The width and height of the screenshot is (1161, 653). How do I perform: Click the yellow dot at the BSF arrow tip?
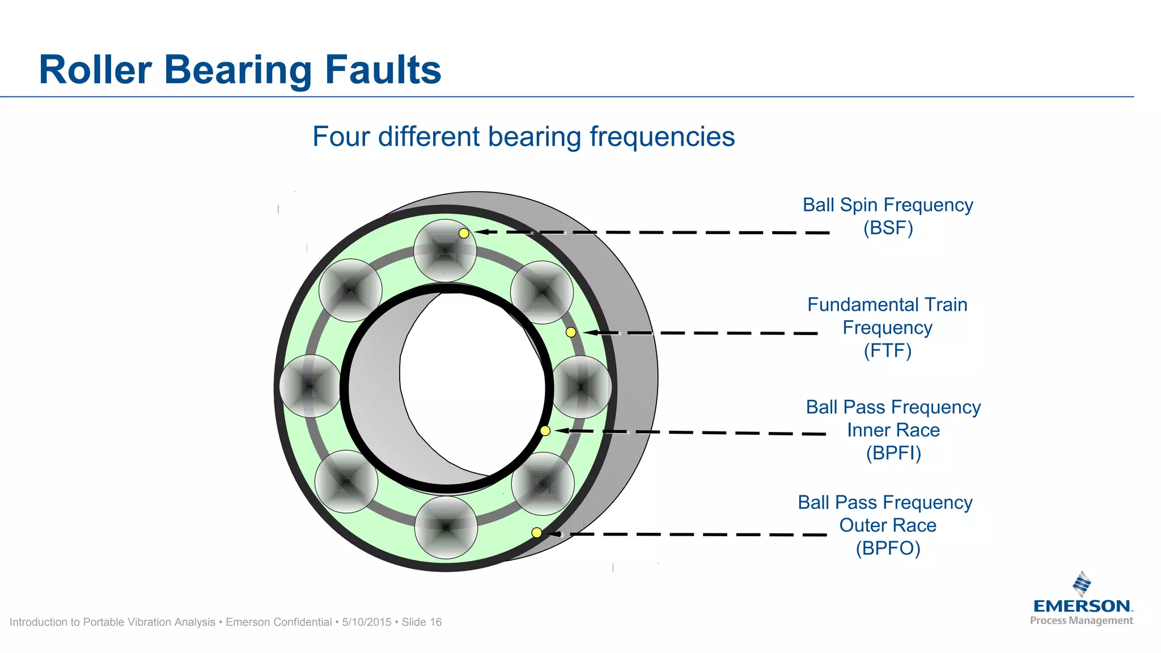(x=464, y=233)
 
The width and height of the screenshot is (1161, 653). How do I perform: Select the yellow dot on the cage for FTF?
(x=571, y=332)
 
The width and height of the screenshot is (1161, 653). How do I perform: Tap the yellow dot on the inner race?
(x=545, y=431)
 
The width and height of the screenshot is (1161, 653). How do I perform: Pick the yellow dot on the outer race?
(x=536, y=532)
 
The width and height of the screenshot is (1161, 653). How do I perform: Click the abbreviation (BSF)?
(x=888, y=228)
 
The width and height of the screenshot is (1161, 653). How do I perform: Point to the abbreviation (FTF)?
(x=887, y=350)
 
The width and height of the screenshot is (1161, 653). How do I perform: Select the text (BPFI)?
(x=893, y=453)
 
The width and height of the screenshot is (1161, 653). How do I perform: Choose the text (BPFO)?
(x=888, y=548)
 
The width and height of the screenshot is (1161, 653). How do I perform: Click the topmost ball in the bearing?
(x=445, y=251)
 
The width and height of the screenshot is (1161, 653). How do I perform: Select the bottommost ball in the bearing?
(x=446, y=527)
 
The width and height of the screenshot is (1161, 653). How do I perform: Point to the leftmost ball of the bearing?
(x=311, y=386)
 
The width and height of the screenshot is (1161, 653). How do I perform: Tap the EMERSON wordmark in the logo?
(x=1082, y=606)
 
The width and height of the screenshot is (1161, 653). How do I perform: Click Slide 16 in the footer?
(x=421, y=622)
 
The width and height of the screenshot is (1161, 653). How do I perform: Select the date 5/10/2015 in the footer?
(x=367, y=622)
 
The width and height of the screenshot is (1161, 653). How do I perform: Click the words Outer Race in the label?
(x=888, y=525)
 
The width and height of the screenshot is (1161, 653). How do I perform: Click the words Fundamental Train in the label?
(x=887, y=305)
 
